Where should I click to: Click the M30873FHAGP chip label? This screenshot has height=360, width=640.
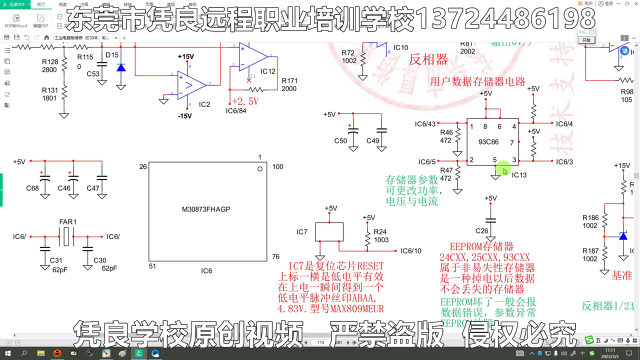coord(206,209)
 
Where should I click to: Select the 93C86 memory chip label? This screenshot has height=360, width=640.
coord(488,141)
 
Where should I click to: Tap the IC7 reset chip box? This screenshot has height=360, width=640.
coord(329,232)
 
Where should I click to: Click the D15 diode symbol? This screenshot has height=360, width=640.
coord(121,67)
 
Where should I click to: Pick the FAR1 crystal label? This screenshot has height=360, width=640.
coord(68,222)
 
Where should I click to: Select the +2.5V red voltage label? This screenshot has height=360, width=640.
coord(245,101)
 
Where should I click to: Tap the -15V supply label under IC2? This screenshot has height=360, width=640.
coord(184,116)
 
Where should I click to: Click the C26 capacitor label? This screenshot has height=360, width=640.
coord(481,230)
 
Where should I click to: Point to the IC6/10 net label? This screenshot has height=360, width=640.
coord(411,251)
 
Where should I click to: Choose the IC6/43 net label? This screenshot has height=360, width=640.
coord(425,123)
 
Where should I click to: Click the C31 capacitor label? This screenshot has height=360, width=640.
coord(56,260)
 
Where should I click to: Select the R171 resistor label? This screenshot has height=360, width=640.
coord(289,80)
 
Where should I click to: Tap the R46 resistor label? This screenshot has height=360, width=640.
coord(446,132)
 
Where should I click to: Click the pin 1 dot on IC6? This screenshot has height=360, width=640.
coord(260,169)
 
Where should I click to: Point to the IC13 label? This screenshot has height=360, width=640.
coord(519,175)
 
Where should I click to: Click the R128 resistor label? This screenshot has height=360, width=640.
coord(49,62)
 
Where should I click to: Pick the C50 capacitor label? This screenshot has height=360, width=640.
coord(340,141)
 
